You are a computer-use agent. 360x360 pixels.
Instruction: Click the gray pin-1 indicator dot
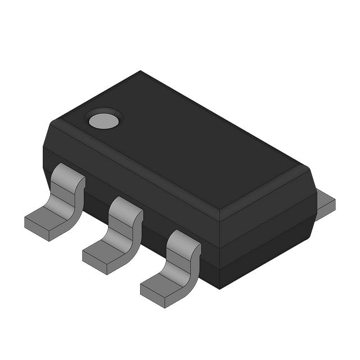103,119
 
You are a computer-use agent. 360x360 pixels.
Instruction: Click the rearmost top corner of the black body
140,71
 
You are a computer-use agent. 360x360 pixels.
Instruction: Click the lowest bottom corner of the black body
219,288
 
